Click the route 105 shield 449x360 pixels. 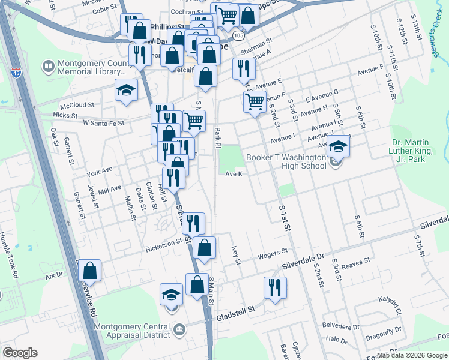239,37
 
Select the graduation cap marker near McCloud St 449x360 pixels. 127,91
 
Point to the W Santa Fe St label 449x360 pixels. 103,122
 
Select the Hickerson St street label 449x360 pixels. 163,244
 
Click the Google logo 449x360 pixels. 20,353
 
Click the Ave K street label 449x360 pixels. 234,174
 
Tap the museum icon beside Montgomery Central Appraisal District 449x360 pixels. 179,329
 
